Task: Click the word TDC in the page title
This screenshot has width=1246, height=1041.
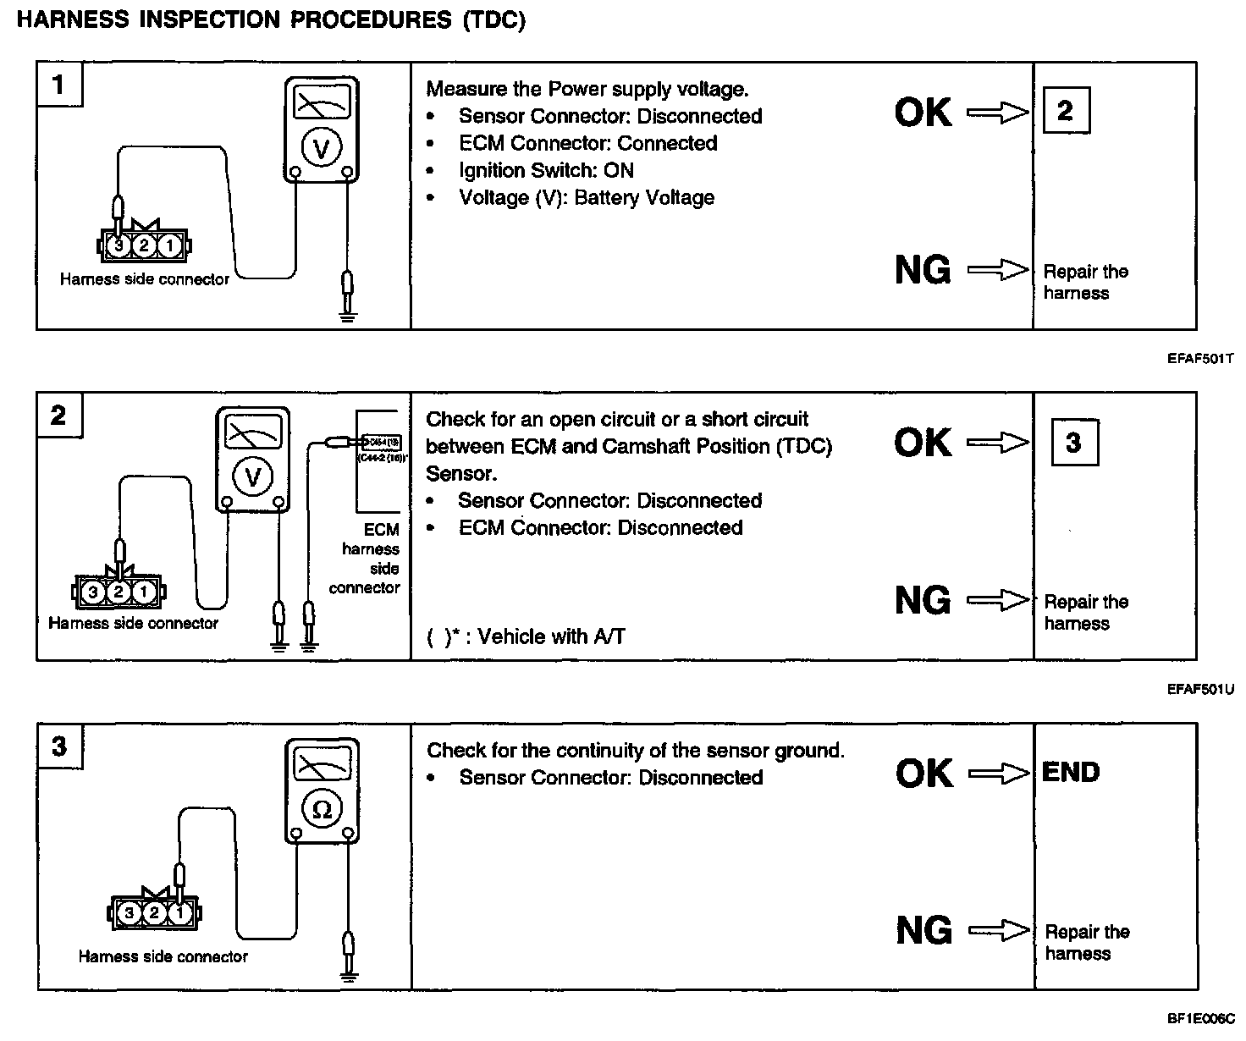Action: (x=494, y=20)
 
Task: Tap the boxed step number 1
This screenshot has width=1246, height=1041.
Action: (x=58, y=85)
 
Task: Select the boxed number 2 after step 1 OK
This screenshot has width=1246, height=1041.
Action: (x=1065, y=110)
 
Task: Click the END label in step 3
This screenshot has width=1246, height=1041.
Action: (x=1071, y=772)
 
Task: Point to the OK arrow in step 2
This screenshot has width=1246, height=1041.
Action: (x=998, y=443)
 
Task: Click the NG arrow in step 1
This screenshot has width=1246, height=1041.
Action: (x=998, y=271)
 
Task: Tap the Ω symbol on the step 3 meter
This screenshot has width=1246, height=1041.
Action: (x=322, y=809)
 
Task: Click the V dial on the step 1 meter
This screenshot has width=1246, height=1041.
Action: (x=321, y=149)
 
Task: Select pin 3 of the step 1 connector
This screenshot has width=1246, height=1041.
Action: (x=119, y=245)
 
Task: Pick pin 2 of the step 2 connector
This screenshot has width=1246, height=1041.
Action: (x=119, y=592)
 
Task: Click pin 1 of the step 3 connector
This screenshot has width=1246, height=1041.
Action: (x=179, y=913)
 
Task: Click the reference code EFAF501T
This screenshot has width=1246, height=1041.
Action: (x=1199, y=359)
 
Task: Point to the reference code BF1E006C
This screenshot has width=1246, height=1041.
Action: (x=1200, y=1019)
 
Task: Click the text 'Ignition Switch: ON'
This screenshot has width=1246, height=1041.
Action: (x=546, y=170)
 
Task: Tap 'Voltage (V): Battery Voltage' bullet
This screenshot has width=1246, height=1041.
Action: (x=586, y=197)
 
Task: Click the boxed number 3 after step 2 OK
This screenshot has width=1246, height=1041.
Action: (x=1073, y=442)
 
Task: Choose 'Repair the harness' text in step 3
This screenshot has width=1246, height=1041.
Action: (x=1086, y=942)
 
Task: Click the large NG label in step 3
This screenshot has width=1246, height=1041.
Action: (x=923, y=931)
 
